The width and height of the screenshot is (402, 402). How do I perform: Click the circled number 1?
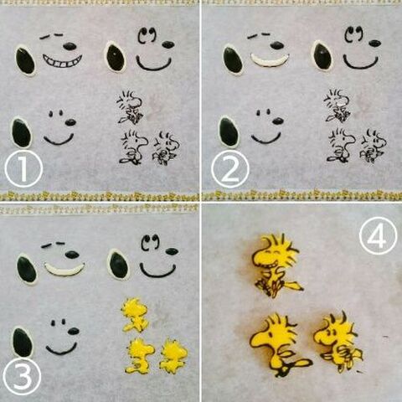23,169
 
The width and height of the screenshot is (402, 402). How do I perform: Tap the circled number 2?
230,169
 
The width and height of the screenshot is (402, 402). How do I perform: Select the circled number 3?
23,377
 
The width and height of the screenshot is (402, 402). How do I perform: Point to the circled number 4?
378,235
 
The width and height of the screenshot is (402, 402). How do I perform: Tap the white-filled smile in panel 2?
270,60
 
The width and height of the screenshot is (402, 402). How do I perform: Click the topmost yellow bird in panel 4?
276,265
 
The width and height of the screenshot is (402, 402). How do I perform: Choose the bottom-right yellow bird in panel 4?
338,342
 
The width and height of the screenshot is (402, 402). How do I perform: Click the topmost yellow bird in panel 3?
135,315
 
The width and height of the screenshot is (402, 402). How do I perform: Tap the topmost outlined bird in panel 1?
130,107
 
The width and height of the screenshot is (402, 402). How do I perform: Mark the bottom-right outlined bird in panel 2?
373,146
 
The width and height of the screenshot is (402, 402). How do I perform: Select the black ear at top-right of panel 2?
322,56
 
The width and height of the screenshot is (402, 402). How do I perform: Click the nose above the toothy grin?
70,46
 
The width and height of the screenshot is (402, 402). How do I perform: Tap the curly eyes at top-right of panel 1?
147,35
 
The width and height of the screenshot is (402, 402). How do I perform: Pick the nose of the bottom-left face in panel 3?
74,331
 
